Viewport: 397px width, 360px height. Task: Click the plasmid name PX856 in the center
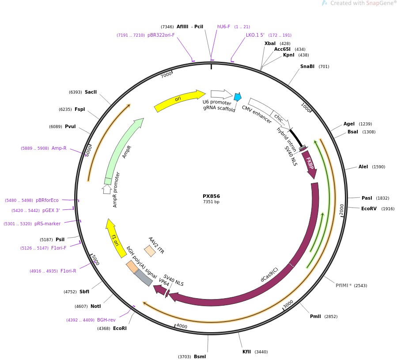point(211,196)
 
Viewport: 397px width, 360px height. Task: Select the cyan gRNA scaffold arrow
point(238,97)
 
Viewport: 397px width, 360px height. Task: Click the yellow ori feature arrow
point(179,101)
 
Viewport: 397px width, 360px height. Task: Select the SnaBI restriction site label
point(307,67)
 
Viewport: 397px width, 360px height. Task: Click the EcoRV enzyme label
point(369,209)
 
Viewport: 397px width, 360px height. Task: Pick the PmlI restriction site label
point(315,317)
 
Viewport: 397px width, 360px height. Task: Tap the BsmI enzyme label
point(200,356)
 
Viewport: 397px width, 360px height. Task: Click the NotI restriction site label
point(95,306)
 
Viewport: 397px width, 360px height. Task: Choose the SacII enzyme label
point(91,92)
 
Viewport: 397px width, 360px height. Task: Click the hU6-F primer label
point(223,27)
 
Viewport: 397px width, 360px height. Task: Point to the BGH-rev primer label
point(106,320)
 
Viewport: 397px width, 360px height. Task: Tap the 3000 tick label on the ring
point(288,305)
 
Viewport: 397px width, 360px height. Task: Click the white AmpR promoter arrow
point(106,189)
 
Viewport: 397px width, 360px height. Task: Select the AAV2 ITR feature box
point(150,251)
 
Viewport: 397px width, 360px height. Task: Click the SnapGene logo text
point(378,3)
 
